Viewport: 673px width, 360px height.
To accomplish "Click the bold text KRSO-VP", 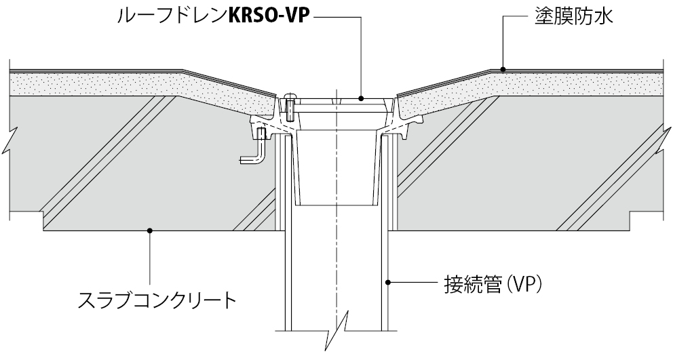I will click(x=271, y=16).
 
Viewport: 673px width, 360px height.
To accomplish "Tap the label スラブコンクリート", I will click(x=157, y=298).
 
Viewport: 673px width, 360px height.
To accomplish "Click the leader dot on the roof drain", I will click(x=361, y=98).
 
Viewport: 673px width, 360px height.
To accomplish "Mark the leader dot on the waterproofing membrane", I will click(x=503, y=68).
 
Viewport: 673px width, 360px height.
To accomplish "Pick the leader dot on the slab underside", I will click(x=150, y=231).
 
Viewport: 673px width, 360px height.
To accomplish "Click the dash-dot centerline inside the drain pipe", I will click(x=337, y=258).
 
